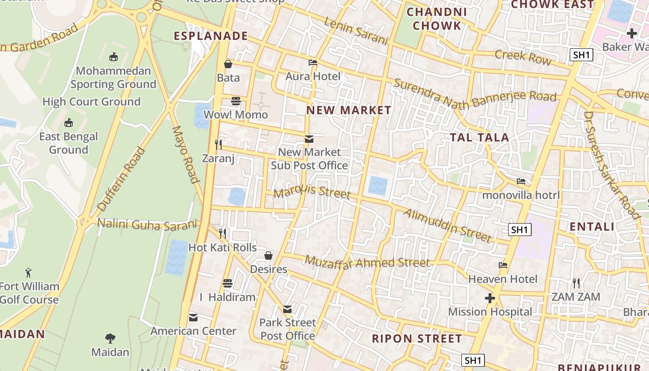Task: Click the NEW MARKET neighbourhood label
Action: [x=349, y=110]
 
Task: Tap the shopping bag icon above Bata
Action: [x=228, y=64]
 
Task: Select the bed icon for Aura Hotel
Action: [x=313, y=63]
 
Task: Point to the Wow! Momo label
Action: [x=235, y=115]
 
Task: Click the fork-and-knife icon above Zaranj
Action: [x=218, y=145]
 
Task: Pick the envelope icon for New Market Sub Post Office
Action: [x=309, y=139]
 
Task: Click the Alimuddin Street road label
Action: [x=447, y=225]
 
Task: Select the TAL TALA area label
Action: [x=480, y=137]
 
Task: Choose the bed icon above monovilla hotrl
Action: [x=521, y=181]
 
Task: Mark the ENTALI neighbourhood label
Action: [x=592, y=227]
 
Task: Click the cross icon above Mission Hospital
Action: [x=490, y=298]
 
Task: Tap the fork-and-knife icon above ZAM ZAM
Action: [x=576, y=283]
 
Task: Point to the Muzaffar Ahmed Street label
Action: [x=367, y=263]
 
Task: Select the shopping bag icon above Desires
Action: [x=268, y=256]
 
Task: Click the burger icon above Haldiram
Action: [x=227, y=283]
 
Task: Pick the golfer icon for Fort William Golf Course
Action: [x=29, y=272]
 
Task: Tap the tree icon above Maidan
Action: [x=110, y=338]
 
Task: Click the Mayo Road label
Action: [x=185, y=154]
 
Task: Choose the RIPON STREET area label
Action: [x=417, y=339]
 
